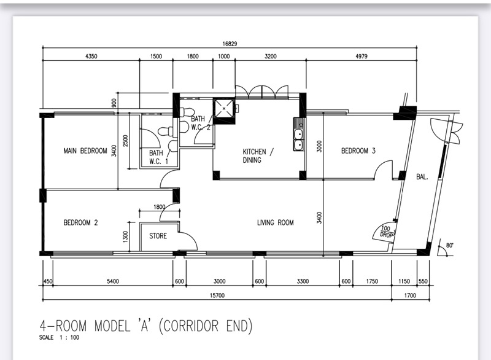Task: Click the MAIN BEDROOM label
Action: pyautogui.click(x=85, y=151)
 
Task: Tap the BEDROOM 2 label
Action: pyautogui.click(x=80, y=222)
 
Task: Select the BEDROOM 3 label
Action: pyautogui.click(x=358, y=151)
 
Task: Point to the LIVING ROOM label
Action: pyautogui.click(x=275, y=222)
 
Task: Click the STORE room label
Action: pyautogui.click(x=158, y=236)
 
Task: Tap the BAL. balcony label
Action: pyautogui.click(x=422, y=177)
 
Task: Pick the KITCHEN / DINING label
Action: pyautogui.click(x=258, y=155)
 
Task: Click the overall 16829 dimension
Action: pyautogui.click(x=230, y=44)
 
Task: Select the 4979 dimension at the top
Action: pyautogui.click(x=361, y=57)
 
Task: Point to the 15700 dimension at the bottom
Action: pyautogui.click(x=217, y=295)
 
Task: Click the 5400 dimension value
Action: pyautogui.click(x=113, y=281)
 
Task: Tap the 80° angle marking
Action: pyautogui.click(x=449, y=245)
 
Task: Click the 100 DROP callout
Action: pyautogui.click(x=386, y=231)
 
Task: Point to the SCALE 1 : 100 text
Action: pyautogui.click(x=59, y=337)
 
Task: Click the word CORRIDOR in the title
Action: pyautogui.click(x=191, y=326)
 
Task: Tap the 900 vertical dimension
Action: pyautogui.click(x=114, y=103)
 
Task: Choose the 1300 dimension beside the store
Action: pyautogui.click(x=125, y=237)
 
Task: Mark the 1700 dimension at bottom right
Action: pyautogui.click(x=410, y=295)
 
